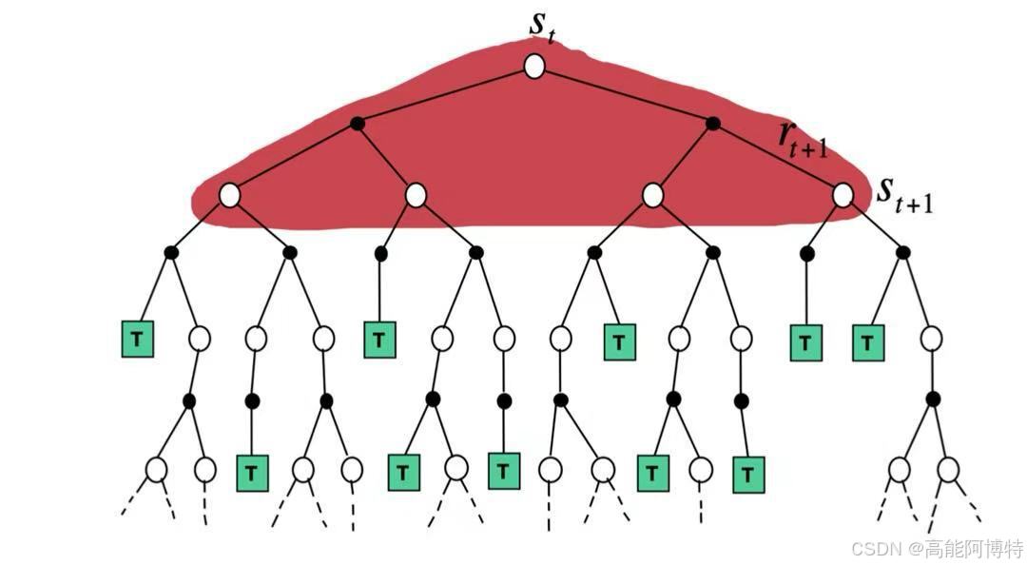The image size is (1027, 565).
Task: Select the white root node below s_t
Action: coord(534,67)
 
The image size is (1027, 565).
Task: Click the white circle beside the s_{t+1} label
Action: coord(843,195)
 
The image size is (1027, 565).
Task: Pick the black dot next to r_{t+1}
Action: coord(713,123)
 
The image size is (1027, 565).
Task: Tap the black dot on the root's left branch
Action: coord(358,123)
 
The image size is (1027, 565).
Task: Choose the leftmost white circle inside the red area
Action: coord(229,195)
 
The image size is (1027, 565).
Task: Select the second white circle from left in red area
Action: coord(416,195)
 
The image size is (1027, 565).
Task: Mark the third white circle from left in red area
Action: coord(652,195)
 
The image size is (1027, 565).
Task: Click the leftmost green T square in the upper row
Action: coord(138,340)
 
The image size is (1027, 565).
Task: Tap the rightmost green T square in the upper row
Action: coord(867,341)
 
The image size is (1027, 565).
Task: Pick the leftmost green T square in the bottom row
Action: coord(252,471)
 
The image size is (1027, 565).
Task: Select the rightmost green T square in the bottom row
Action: coord(749,473)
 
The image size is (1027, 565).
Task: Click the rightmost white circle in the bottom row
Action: coord(948,469)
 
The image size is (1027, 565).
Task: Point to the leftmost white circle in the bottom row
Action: coord(156,469)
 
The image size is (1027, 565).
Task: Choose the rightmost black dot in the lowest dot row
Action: coord(933,399)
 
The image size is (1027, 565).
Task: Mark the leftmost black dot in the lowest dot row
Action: coord(189,401)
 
